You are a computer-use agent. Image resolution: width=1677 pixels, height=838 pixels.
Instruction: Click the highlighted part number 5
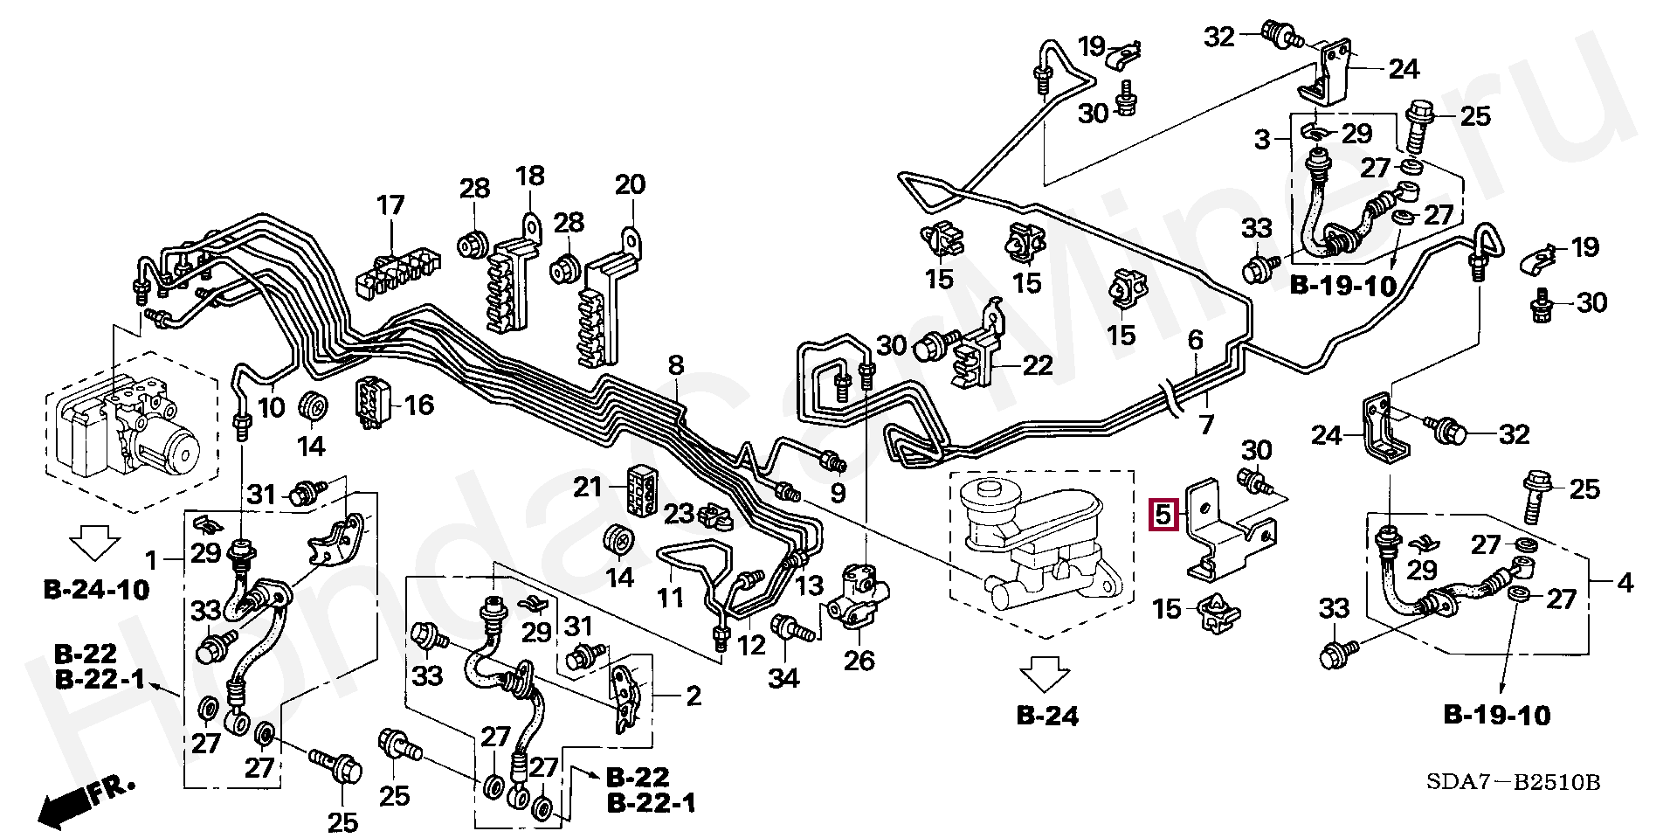coord(1163,515)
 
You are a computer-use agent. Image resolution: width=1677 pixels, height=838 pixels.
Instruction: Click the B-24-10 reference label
coord(96,590)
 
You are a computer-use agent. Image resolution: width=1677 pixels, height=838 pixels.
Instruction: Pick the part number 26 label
coord(859,660)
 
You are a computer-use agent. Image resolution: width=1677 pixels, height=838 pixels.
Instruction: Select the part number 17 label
coord(390,206)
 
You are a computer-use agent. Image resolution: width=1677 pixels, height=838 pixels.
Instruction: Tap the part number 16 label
coord(419,405)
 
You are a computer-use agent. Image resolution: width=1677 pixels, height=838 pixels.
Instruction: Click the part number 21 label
coord(589,486)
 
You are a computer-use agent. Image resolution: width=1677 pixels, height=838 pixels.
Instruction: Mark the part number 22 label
coord(1037,364)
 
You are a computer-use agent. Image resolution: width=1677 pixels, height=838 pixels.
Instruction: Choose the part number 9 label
coord(837,494)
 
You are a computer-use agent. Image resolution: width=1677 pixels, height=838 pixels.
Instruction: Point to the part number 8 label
coord(676,365)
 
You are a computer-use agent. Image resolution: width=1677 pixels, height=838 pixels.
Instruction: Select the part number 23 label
coord(678,514)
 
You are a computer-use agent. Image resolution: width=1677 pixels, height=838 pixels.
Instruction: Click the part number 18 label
coord(529,176)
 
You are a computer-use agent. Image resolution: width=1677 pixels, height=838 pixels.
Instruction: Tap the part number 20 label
coord(630,184)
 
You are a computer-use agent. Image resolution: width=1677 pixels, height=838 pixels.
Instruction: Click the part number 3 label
coord(1262,139)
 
